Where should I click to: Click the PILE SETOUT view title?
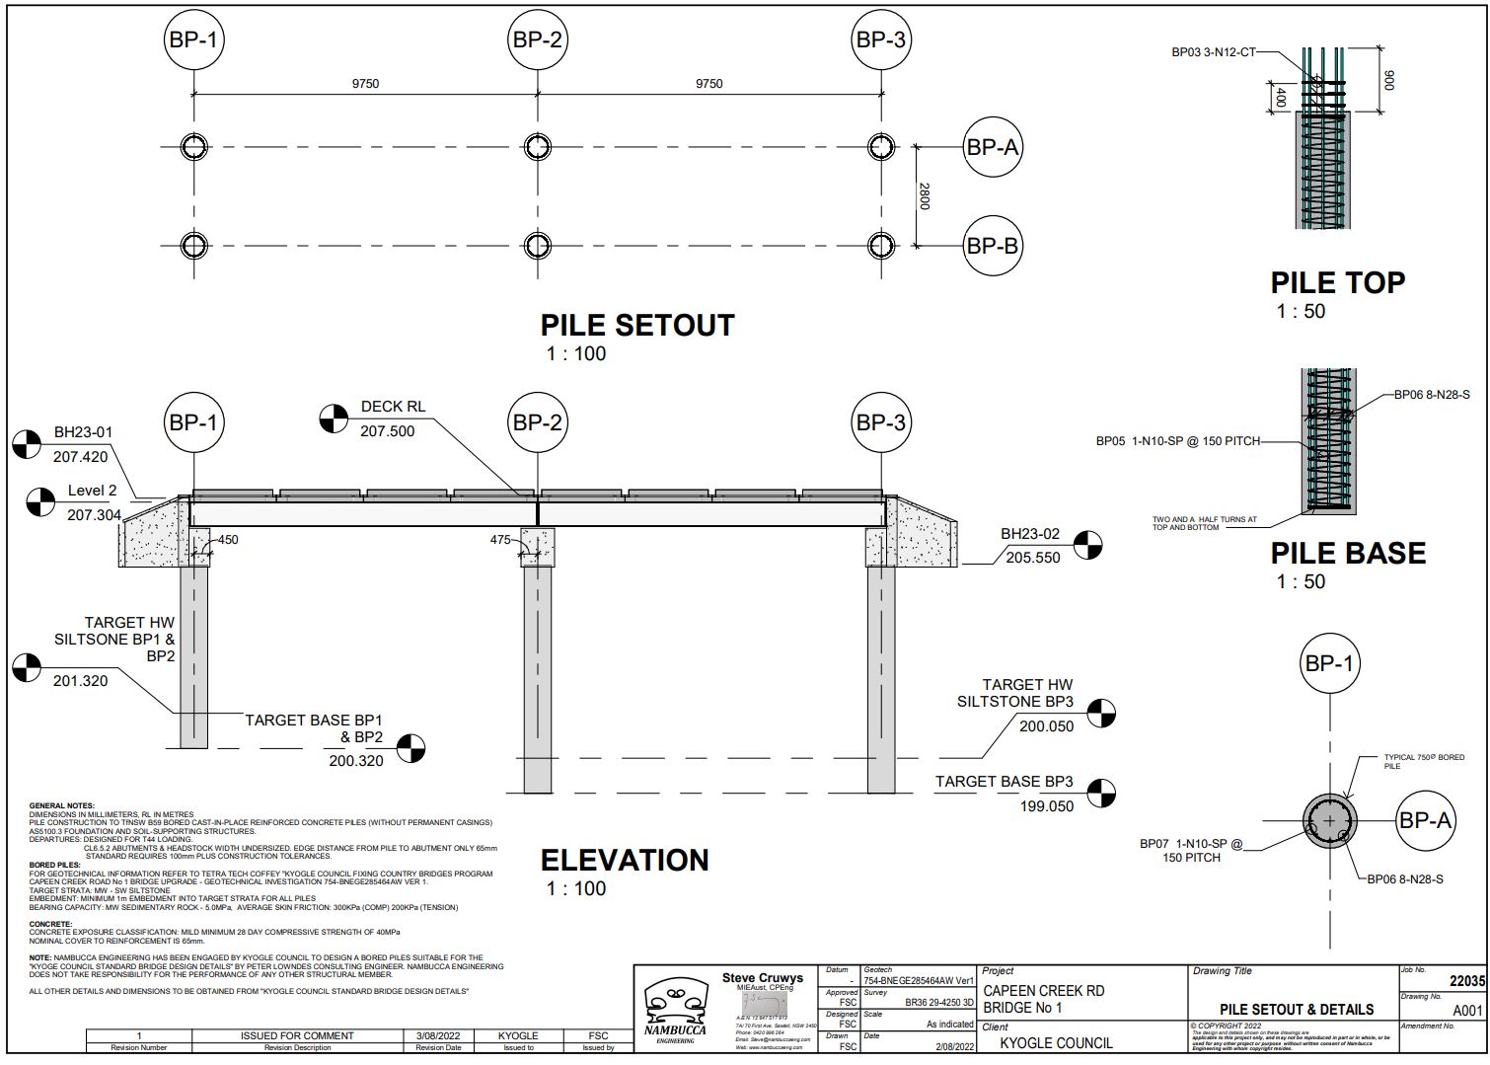click(x=636, y=326)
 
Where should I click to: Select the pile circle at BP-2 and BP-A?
click(x=537, y=147)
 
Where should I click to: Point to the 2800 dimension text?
click(x=925, y=196)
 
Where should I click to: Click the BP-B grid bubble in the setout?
click(x=992, y=246)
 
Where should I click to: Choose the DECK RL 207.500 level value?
click(x=387, y=431)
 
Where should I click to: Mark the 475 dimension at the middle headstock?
click(x=500, y=540)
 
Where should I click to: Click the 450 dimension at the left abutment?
click(x=228, y=540)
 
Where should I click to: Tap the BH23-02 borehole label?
click(x=1030, y=534)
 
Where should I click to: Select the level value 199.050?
click(x=1046, y=806)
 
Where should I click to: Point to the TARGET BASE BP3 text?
click(x=1004, y=782)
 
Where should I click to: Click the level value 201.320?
click(x=81, y=681)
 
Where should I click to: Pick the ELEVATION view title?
click(x=625, y=861)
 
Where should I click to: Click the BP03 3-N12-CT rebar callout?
click(x=1213, y=52)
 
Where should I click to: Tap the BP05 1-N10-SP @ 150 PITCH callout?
click(x=1177, y=441)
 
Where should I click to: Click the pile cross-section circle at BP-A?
click(x=1329, y=821)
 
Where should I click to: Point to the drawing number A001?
click(x=1467, y=1011)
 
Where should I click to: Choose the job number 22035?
click(x=1466, y=982)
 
